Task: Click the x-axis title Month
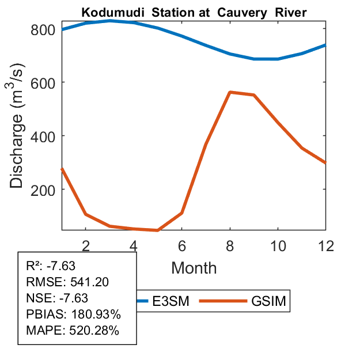[x=194, y=267]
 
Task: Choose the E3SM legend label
[x=175, y=301]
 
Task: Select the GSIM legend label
[x=268, y=301]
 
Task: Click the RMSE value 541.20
[x=89, y=282]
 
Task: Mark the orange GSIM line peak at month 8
[x=230, y=92]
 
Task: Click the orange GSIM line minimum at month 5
[x=158, y=230]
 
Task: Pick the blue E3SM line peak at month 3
[x=110, y=21]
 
